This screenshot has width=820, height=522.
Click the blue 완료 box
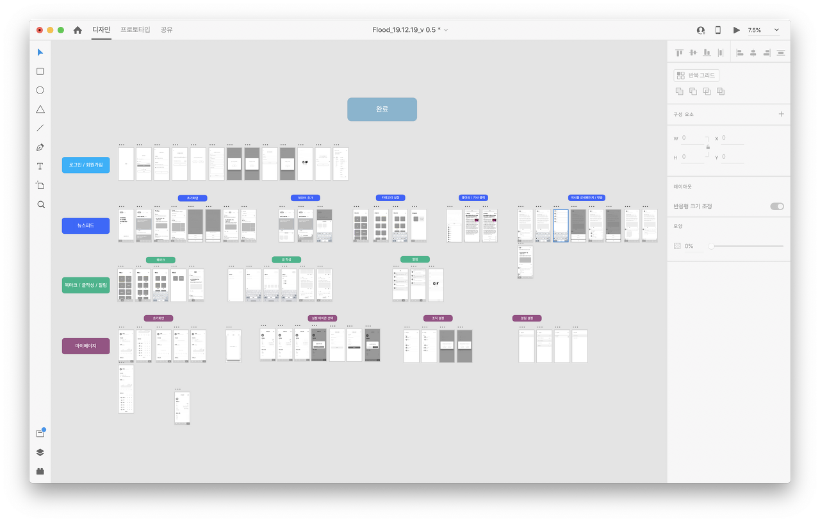382,109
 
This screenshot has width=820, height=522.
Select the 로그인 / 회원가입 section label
86,165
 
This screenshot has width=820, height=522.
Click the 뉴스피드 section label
86,225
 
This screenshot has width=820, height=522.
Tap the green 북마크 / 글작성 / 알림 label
86,285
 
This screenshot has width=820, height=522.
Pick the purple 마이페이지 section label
86,346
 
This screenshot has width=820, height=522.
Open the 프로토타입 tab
135,29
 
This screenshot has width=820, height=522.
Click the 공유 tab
167,29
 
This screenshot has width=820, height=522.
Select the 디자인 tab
101,29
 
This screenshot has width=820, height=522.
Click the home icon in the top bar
78,30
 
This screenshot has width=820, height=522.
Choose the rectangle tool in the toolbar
40,71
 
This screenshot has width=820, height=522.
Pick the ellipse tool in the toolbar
40,90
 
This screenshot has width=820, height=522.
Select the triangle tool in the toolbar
40,109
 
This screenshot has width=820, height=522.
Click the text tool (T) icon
40,166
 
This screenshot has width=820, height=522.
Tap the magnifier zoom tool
40,204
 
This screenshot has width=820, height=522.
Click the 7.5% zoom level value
755,30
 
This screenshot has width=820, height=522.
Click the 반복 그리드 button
696,76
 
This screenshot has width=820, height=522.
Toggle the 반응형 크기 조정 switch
776,206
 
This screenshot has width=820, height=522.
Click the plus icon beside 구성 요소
781,114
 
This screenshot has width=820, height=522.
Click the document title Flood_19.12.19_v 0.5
406,30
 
